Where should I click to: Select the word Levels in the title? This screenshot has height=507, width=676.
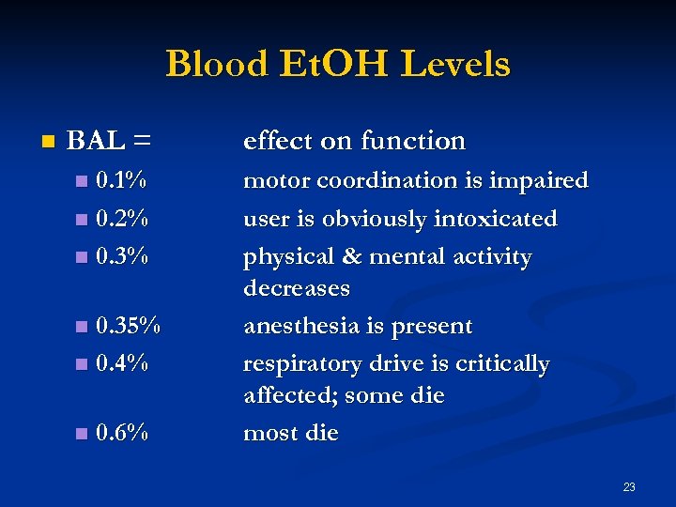coord(454,64)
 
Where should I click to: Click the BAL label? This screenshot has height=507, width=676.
coord(97,141)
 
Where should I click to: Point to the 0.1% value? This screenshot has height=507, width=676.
coord(121,179)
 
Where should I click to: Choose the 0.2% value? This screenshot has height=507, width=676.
coord(122,218)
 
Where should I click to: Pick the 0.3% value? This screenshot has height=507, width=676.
coord(122,256)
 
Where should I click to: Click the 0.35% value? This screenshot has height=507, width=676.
coord(129,326)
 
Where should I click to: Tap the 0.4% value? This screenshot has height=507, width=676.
coord(122,363)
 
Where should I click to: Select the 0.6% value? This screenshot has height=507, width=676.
coord(122,433)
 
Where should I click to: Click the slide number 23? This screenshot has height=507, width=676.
coord(629,486)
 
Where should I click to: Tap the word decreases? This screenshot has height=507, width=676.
coord(297,288)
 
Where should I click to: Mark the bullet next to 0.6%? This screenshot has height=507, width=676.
coord(81,434)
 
